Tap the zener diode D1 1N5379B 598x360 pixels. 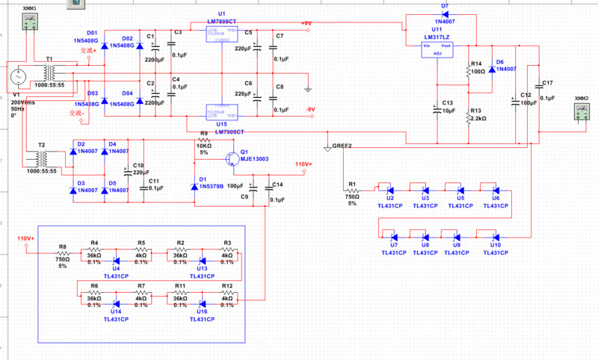pyautogui.click(x=194, y=180)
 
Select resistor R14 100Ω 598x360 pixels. pyautogui.click(x=469, y=72)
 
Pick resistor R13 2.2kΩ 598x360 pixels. pyautogui.click(x=469, y=116)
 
